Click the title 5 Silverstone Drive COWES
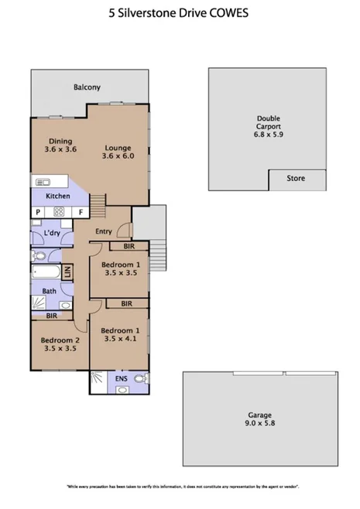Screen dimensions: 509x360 180,14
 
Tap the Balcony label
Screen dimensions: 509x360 87,87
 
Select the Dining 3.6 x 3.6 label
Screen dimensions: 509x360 60,145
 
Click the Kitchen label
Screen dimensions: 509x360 57,196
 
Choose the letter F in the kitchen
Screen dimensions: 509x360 80,211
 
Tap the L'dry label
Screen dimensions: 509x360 52,233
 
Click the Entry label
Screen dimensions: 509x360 104,231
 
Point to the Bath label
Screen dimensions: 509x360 48,292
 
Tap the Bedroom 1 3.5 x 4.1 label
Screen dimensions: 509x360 120,335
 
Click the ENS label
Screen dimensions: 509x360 121,379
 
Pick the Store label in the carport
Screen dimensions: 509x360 295,179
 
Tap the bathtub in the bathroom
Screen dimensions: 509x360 46,272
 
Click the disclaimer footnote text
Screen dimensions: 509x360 182,487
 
